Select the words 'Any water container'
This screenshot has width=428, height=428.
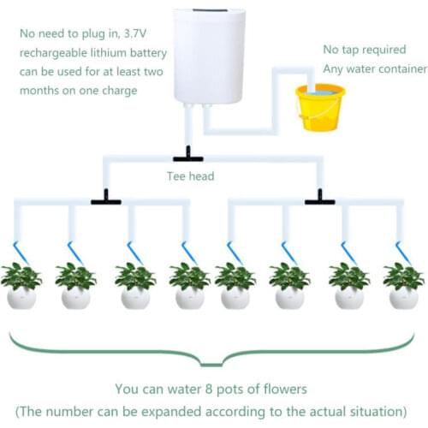(x=374, y=69)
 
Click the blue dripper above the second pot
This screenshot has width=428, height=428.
(x=75, y=253)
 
